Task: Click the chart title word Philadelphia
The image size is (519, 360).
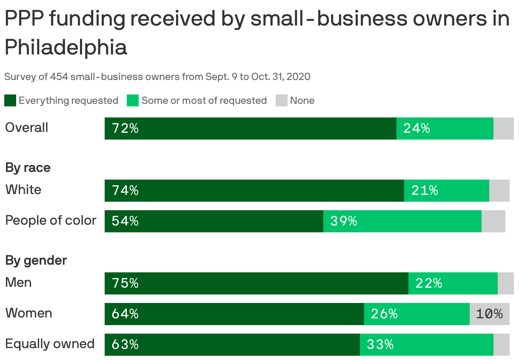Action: pos(66,47)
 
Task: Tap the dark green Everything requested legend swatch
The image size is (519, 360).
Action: pos(10,101)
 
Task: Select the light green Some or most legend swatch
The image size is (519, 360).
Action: pos(133,101)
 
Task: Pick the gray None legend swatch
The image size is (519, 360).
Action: pos(282,101)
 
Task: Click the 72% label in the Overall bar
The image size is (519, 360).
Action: pos(125,129)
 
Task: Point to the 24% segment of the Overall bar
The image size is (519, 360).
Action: pos(445,129)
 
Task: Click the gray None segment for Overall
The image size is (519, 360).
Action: pos(503,129)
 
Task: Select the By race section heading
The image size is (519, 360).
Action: pos(28,168)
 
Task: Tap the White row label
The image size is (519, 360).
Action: pos(23,190)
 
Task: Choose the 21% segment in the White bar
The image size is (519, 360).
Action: pos(446,191)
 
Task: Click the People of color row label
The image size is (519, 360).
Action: pos(51,220)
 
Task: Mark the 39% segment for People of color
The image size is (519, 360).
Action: pos(402,221)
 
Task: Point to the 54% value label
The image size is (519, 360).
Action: pos(125,221)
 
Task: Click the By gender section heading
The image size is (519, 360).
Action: pos(36,260)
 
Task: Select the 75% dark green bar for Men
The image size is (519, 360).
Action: pos(256,283)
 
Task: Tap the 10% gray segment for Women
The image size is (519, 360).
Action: pos(489,314)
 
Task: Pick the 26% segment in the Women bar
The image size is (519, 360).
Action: pos(416,314)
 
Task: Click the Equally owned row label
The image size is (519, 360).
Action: pos(50,344)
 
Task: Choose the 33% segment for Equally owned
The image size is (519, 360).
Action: pos(426,345)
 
